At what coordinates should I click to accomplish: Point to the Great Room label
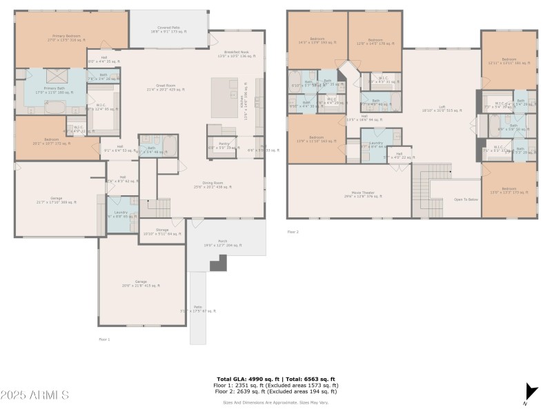[163, 88]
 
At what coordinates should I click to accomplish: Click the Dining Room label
[212, 184]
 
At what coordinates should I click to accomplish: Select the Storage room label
[162, 231]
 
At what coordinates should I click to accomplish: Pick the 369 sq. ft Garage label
[57, 201]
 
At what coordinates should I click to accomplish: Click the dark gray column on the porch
[219, 263]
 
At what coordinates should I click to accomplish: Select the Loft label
[442, 108]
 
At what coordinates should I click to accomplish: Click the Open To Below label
[466, 199]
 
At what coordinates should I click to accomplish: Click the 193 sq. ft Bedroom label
[317, 41]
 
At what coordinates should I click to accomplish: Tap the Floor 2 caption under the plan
[293, 233]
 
